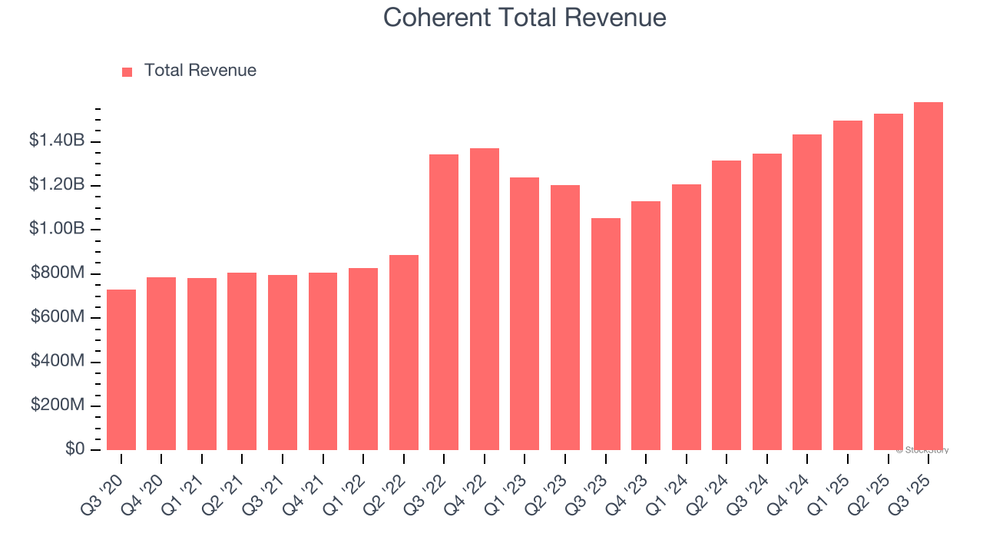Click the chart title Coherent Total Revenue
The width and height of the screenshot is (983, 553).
[x=525, y=17]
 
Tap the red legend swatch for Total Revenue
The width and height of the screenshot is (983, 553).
[x=127, y=71]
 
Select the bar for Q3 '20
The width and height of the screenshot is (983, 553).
[x=121, y=369]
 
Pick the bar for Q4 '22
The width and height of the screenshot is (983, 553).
[x=485, y=299]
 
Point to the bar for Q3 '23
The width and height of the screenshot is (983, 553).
[x=606, y=334]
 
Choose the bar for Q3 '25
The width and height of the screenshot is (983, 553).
[x=928, y=276]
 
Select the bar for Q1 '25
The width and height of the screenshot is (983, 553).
[x=848, y=285]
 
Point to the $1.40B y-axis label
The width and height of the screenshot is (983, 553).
[x=57, y=141]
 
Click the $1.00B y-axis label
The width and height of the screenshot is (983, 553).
[x=57, y=229]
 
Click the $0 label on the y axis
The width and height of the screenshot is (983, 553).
[x=74, y=449]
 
